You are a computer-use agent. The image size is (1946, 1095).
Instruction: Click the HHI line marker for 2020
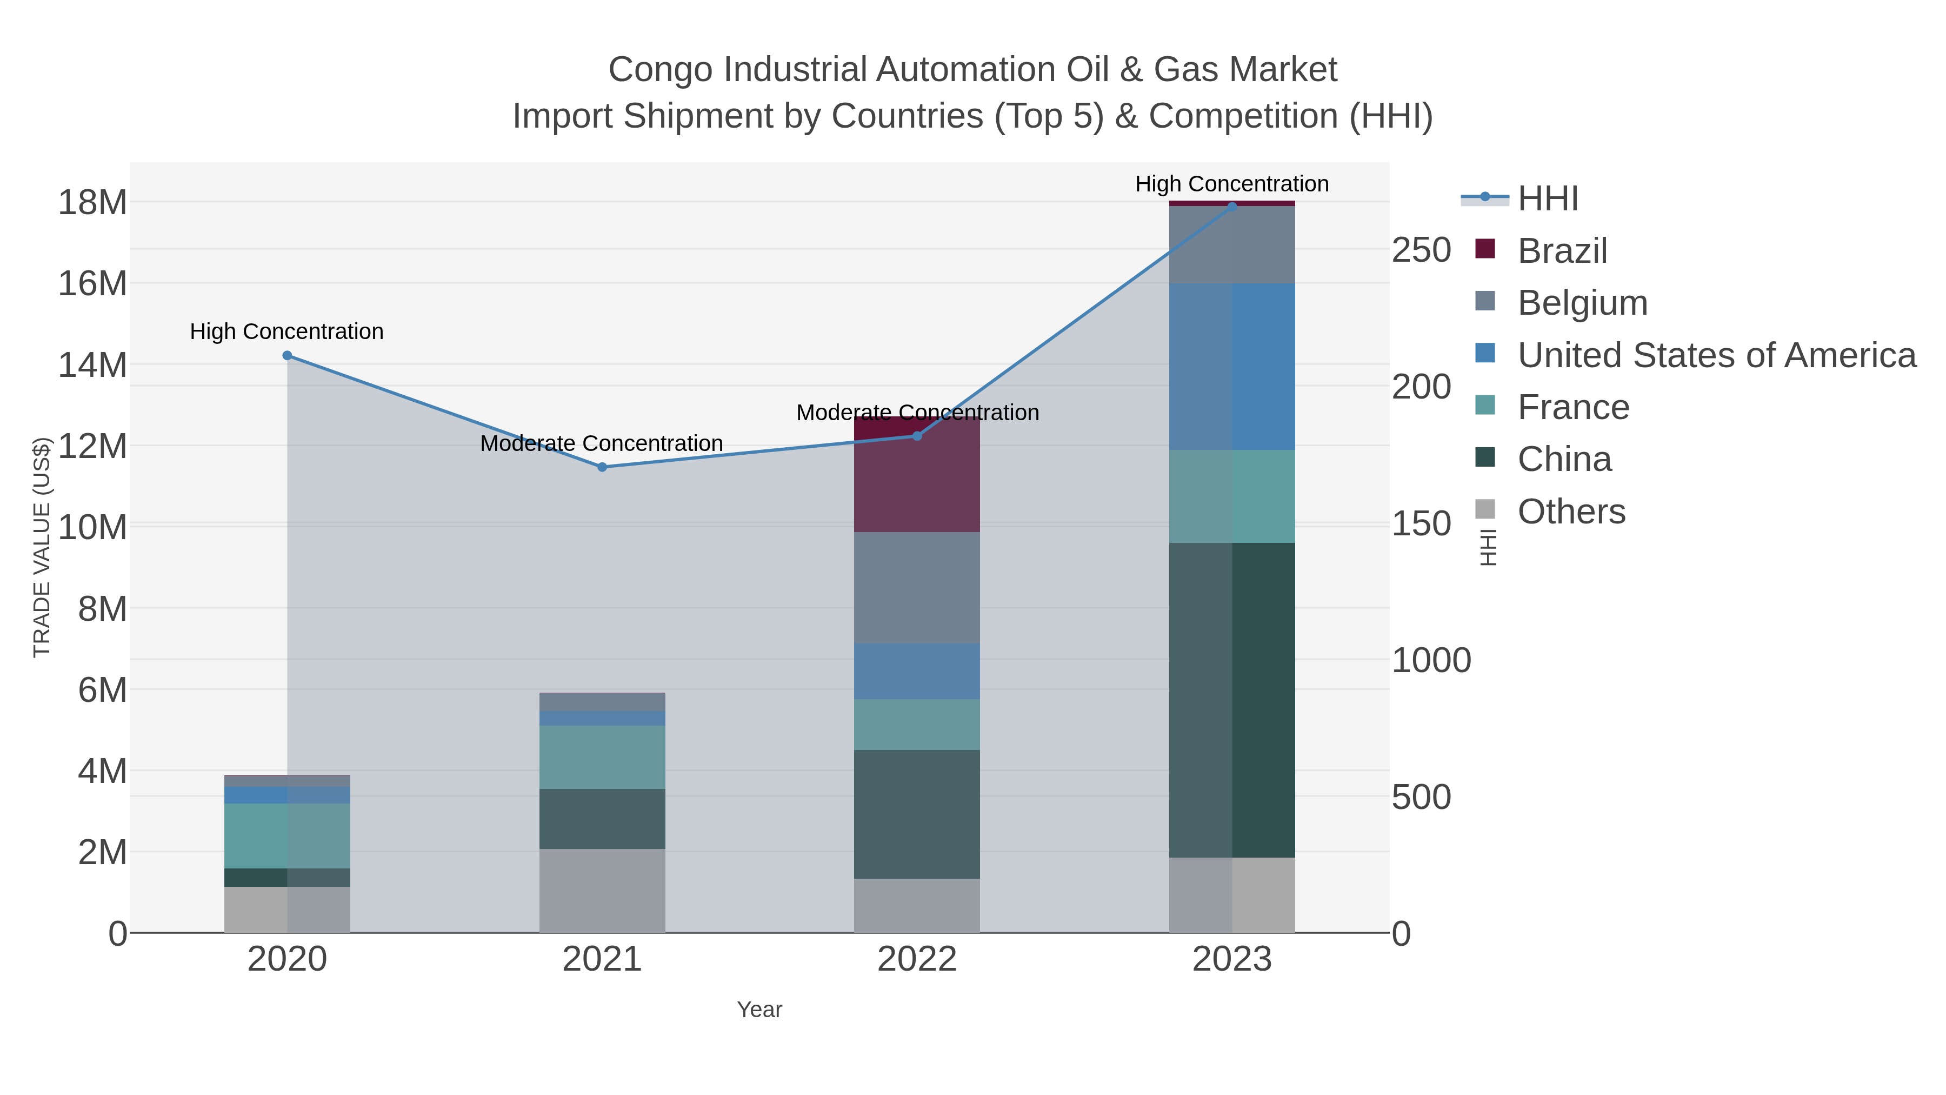(287, 356)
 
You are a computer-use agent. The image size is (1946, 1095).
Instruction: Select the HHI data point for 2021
(602, 467)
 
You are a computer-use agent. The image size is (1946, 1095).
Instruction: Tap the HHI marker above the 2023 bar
(1232, 207)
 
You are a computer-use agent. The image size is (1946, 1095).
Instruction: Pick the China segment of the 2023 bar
(1232, 699)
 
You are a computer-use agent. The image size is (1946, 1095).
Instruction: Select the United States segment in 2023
(1232, 367)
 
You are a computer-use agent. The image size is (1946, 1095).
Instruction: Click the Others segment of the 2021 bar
(602, 890)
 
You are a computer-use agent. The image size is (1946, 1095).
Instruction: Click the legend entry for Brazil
(1562, 251)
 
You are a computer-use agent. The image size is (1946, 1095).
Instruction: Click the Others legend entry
(1570, 512)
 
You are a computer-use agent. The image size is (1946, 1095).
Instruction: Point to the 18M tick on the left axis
(92, 203)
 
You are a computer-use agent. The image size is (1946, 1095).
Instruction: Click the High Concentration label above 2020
(287, 332)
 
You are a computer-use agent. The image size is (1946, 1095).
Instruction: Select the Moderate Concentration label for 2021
(602, 443)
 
